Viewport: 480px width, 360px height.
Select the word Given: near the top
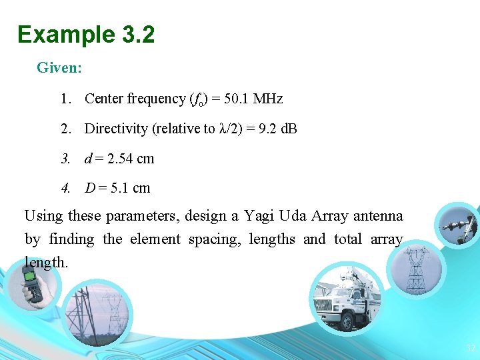tap(59, 67)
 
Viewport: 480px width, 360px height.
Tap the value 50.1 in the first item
tap(237, 99)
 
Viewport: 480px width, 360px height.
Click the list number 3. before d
tap(65, 159)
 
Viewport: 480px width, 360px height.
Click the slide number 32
tap(471, 348)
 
